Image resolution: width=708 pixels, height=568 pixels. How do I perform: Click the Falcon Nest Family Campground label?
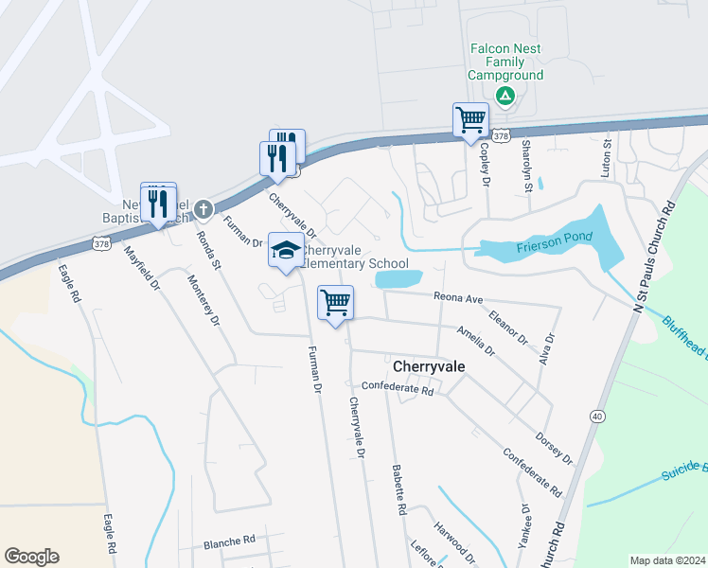[x=506, y=62]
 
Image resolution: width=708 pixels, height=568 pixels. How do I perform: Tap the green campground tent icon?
[x=505, y=95]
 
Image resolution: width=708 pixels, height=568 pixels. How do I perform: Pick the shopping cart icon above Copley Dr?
[x=470, y=120]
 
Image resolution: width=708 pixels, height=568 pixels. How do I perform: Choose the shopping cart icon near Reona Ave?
[x=335, y=303]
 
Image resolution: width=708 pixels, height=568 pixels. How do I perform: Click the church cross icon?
[x=202, y=205]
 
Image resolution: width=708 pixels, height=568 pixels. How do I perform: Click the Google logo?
[x=32, y=557]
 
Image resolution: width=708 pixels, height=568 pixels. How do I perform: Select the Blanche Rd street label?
[x=230, y=543]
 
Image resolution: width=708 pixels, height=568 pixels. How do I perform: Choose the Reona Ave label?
[x=458, y=298]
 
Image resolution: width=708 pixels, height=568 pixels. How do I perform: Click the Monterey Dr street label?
[x=204, y=299]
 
